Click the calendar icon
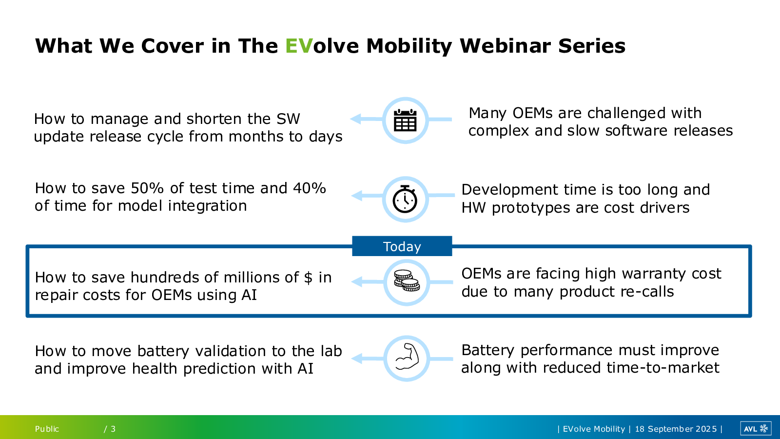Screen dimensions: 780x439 point(405,120)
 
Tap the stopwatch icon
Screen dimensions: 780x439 point(405,199)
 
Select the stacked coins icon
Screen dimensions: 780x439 point(407,280)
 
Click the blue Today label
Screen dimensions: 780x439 point(402,246)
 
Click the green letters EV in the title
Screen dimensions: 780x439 point(299,46)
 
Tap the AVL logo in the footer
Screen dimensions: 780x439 point(755,429)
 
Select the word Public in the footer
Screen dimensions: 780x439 point(47,429)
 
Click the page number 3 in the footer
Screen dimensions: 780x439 point(113,429)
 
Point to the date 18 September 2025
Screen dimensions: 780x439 point(676,429)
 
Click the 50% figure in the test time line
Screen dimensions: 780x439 point(147,188)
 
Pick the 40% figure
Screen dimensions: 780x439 point(310,188)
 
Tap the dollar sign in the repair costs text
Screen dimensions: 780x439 point(308,278)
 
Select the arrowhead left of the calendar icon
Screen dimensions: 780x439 point(355,119)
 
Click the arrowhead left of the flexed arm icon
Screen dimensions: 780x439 point(357,359)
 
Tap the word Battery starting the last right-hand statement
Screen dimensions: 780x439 point(487,351)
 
